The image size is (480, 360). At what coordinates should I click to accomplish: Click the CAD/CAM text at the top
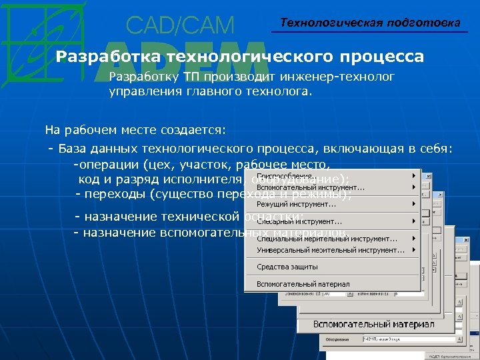[180, 25]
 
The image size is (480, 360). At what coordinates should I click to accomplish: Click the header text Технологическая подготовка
[370, 23]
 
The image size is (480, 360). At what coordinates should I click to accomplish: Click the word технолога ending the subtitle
[280, 92]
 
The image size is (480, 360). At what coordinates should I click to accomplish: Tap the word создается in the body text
[190, 128]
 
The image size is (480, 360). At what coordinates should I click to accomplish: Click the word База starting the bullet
[73, 147]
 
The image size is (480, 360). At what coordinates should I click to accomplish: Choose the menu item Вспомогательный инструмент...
[310, 188]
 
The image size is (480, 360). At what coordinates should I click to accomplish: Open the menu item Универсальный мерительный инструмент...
[330, 251]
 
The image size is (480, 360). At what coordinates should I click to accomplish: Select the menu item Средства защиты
[287, 267]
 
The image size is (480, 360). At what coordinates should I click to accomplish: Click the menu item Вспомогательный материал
[303, 283]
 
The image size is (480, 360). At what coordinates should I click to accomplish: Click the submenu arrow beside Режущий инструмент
[414, 204]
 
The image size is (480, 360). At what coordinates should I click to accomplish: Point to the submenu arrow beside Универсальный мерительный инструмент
[414, 251]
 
